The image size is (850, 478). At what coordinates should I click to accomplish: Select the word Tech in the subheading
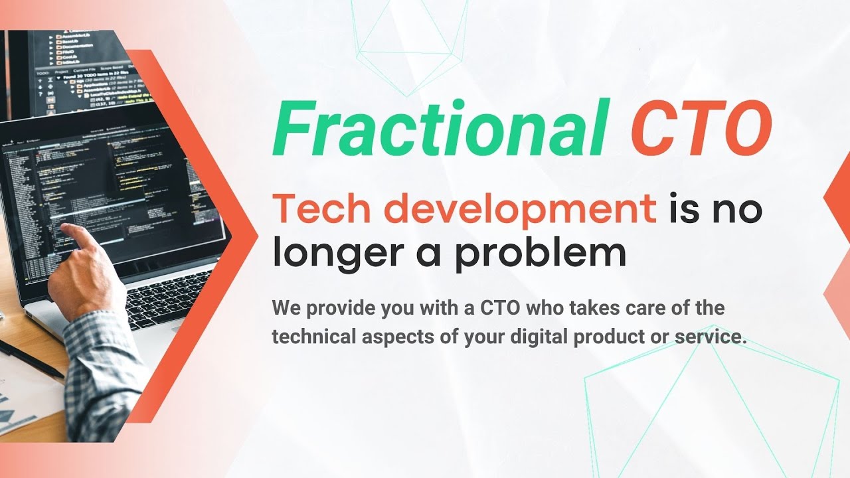(x=321, y=209)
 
